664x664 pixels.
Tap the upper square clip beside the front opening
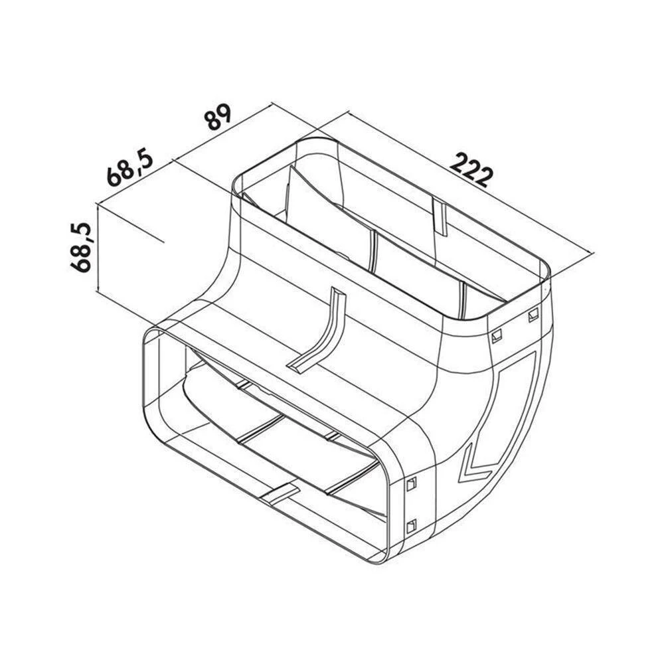(x=411, y=484)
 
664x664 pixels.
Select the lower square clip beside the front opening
(x=411, y=526)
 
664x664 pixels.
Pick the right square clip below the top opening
(x=533, y=314)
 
